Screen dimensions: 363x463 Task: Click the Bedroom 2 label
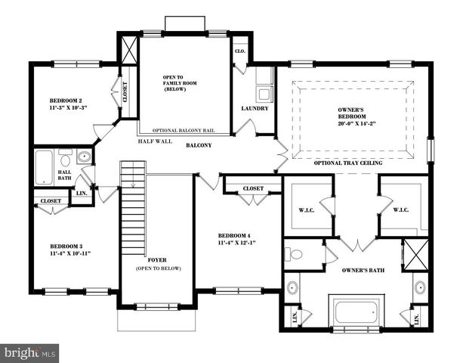(x=66, y=101)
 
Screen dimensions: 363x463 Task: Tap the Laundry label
(x=255, y=108)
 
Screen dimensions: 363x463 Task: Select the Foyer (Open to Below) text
(x=156, y=263)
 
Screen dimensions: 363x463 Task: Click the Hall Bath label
(x=65, y=176)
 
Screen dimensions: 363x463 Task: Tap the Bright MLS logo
(x=29, y=352)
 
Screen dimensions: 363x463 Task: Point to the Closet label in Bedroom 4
(x=252, y=189)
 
